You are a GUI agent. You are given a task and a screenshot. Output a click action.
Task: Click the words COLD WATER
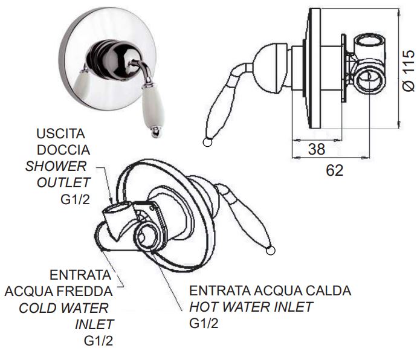63,308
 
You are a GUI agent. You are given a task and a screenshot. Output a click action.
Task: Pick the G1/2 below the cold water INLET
99,341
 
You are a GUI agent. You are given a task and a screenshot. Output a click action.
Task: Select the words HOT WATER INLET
251,307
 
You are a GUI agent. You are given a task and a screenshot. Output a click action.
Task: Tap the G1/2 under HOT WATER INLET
204,323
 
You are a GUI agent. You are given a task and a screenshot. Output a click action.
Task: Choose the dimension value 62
334,170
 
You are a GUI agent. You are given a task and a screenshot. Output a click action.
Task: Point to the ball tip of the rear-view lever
270,250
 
